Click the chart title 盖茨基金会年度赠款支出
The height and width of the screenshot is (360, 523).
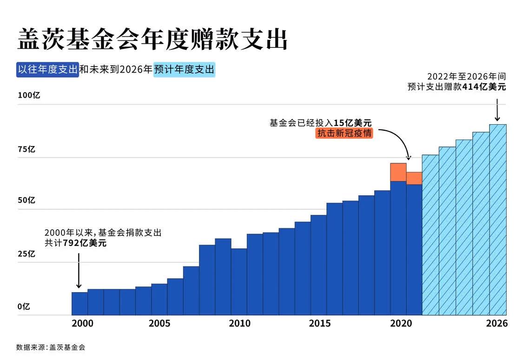tap(152, 39)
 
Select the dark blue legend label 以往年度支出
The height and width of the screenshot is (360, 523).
tap(47, 70)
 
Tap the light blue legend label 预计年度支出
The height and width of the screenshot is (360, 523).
tap(184, 70)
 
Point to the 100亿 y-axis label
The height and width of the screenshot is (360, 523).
tap(29, 95)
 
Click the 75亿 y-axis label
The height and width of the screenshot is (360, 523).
tap(26, 149)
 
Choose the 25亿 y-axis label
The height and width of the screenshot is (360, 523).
tap(26, 254)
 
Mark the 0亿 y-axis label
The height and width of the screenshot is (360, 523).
tap(24, 307)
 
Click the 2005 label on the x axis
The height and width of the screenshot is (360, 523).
tap(159, 323)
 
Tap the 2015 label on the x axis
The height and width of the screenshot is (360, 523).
tap(319, 323)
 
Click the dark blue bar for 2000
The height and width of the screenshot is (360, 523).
tap(79, 303)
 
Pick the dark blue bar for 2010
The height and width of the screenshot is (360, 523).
tap(239, 281)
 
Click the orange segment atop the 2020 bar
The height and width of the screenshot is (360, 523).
tap(398, 172)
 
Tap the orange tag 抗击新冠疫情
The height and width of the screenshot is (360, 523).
tap(344, 133)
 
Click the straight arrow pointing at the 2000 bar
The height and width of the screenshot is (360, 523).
tap(79, 271)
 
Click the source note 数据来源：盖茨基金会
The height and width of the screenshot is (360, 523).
tap(51, 347)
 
